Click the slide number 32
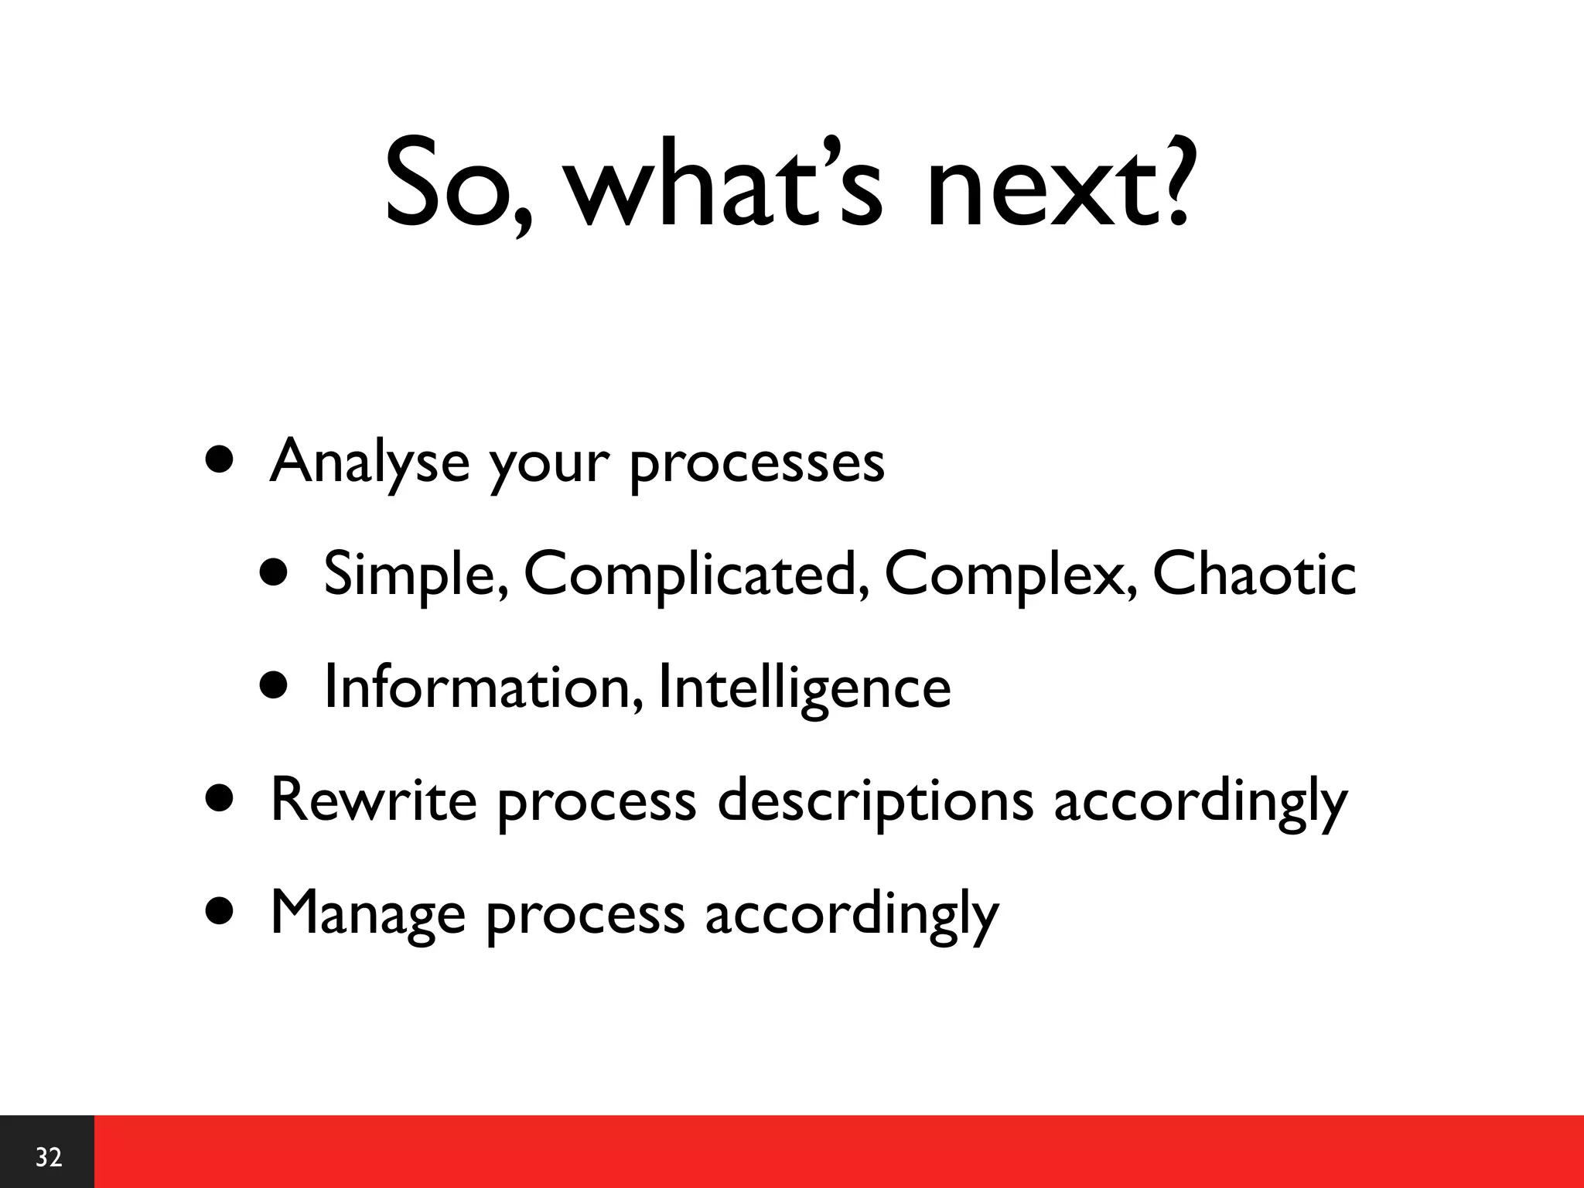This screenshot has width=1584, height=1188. coord(48,1157)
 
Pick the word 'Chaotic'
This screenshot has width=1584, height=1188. coord(1254,574)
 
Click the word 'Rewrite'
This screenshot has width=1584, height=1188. coord(374,800)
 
